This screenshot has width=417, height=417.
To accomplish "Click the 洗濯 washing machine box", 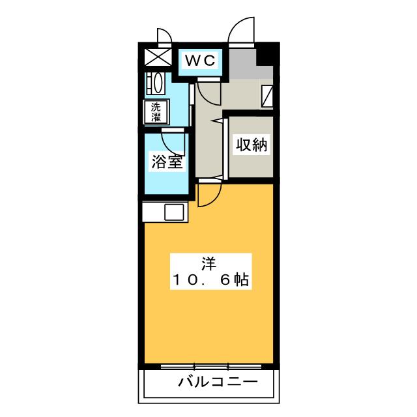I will click(157, 111).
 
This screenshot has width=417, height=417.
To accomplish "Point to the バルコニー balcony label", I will click(218, 382).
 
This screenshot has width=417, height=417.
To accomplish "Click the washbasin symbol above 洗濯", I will click(156, 84).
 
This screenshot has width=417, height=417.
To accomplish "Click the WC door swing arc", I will click(209, 93).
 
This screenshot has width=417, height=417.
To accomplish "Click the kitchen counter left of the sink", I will click(154, 212).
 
